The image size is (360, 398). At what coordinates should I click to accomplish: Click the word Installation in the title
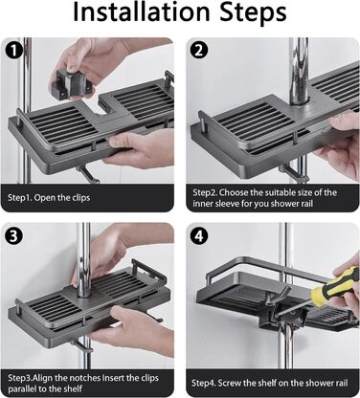click(x=142, y=12)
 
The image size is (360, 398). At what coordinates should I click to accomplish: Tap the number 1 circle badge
click(x=13, y=51)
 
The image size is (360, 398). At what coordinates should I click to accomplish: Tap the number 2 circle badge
click(x=199, y=51)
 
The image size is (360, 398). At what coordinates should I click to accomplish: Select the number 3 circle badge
click(x=14, y=236)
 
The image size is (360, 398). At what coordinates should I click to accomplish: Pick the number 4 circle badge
click(x=199, y=236)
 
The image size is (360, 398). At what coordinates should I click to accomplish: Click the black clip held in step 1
click(x=73, y=83)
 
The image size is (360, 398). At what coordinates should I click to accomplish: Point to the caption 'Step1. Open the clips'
click(x=49, y=198)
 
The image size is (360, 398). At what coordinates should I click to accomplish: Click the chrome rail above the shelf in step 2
click(x=299, y=71)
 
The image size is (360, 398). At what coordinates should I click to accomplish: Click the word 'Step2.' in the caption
click(x=205, y=193)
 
